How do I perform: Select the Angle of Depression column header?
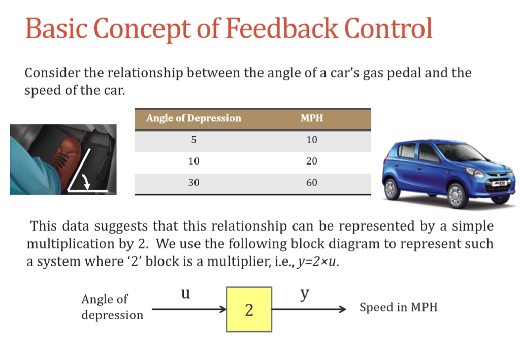pyautogui.click(x=193, y=118)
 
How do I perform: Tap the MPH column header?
pyautogui.click(x=311, y=118)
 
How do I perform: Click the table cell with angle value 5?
pyautogui.click(x=193, y=140)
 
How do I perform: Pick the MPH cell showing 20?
pyautogui.click(x=311, y=161)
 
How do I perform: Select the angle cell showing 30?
pyautogui.click(x=193, y=182)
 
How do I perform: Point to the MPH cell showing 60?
pyautogui.click(x=311, y=182)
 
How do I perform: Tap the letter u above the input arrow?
pyautogui.click(x=186, y=294)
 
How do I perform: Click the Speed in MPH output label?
pyautogui.click(x=398, y=307)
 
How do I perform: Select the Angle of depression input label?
pyautogui.click(x=112, y=307)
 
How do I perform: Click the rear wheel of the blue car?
pyautogui.click(x=391, y=189)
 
